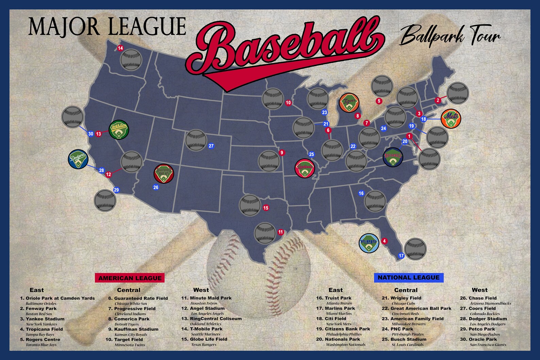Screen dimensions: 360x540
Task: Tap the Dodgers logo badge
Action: [78, 159]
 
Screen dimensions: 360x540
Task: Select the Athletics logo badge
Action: [119, 130]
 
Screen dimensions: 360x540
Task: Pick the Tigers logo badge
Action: [349, 103]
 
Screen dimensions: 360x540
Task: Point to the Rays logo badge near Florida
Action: [369, 243]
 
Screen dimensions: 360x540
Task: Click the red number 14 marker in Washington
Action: [120, 48]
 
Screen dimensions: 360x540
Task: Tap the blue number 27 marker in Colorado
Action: [211, 146]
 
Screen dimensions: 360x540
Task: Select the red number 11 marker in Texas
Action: [281, 232]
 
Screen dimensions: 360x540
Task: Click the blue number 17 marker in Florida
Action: [401, 256]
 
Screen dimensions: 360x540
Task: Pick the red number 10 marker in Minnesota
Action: [288, 102]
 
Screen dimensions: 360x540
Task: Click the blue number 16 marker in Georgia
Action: [361, 193]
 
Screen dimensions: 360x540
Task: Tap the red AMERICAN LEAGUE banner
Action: [130, 278]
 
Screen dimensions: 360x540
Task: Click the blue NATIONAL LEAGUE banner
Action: [408, 277]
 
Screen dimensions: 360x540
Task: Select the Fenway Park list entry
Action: [41, 309]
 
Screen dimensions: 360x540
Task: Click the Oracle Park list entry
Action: [483, 339]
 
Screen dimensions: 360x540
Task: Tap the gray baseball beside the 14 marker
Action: [131, 59]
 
